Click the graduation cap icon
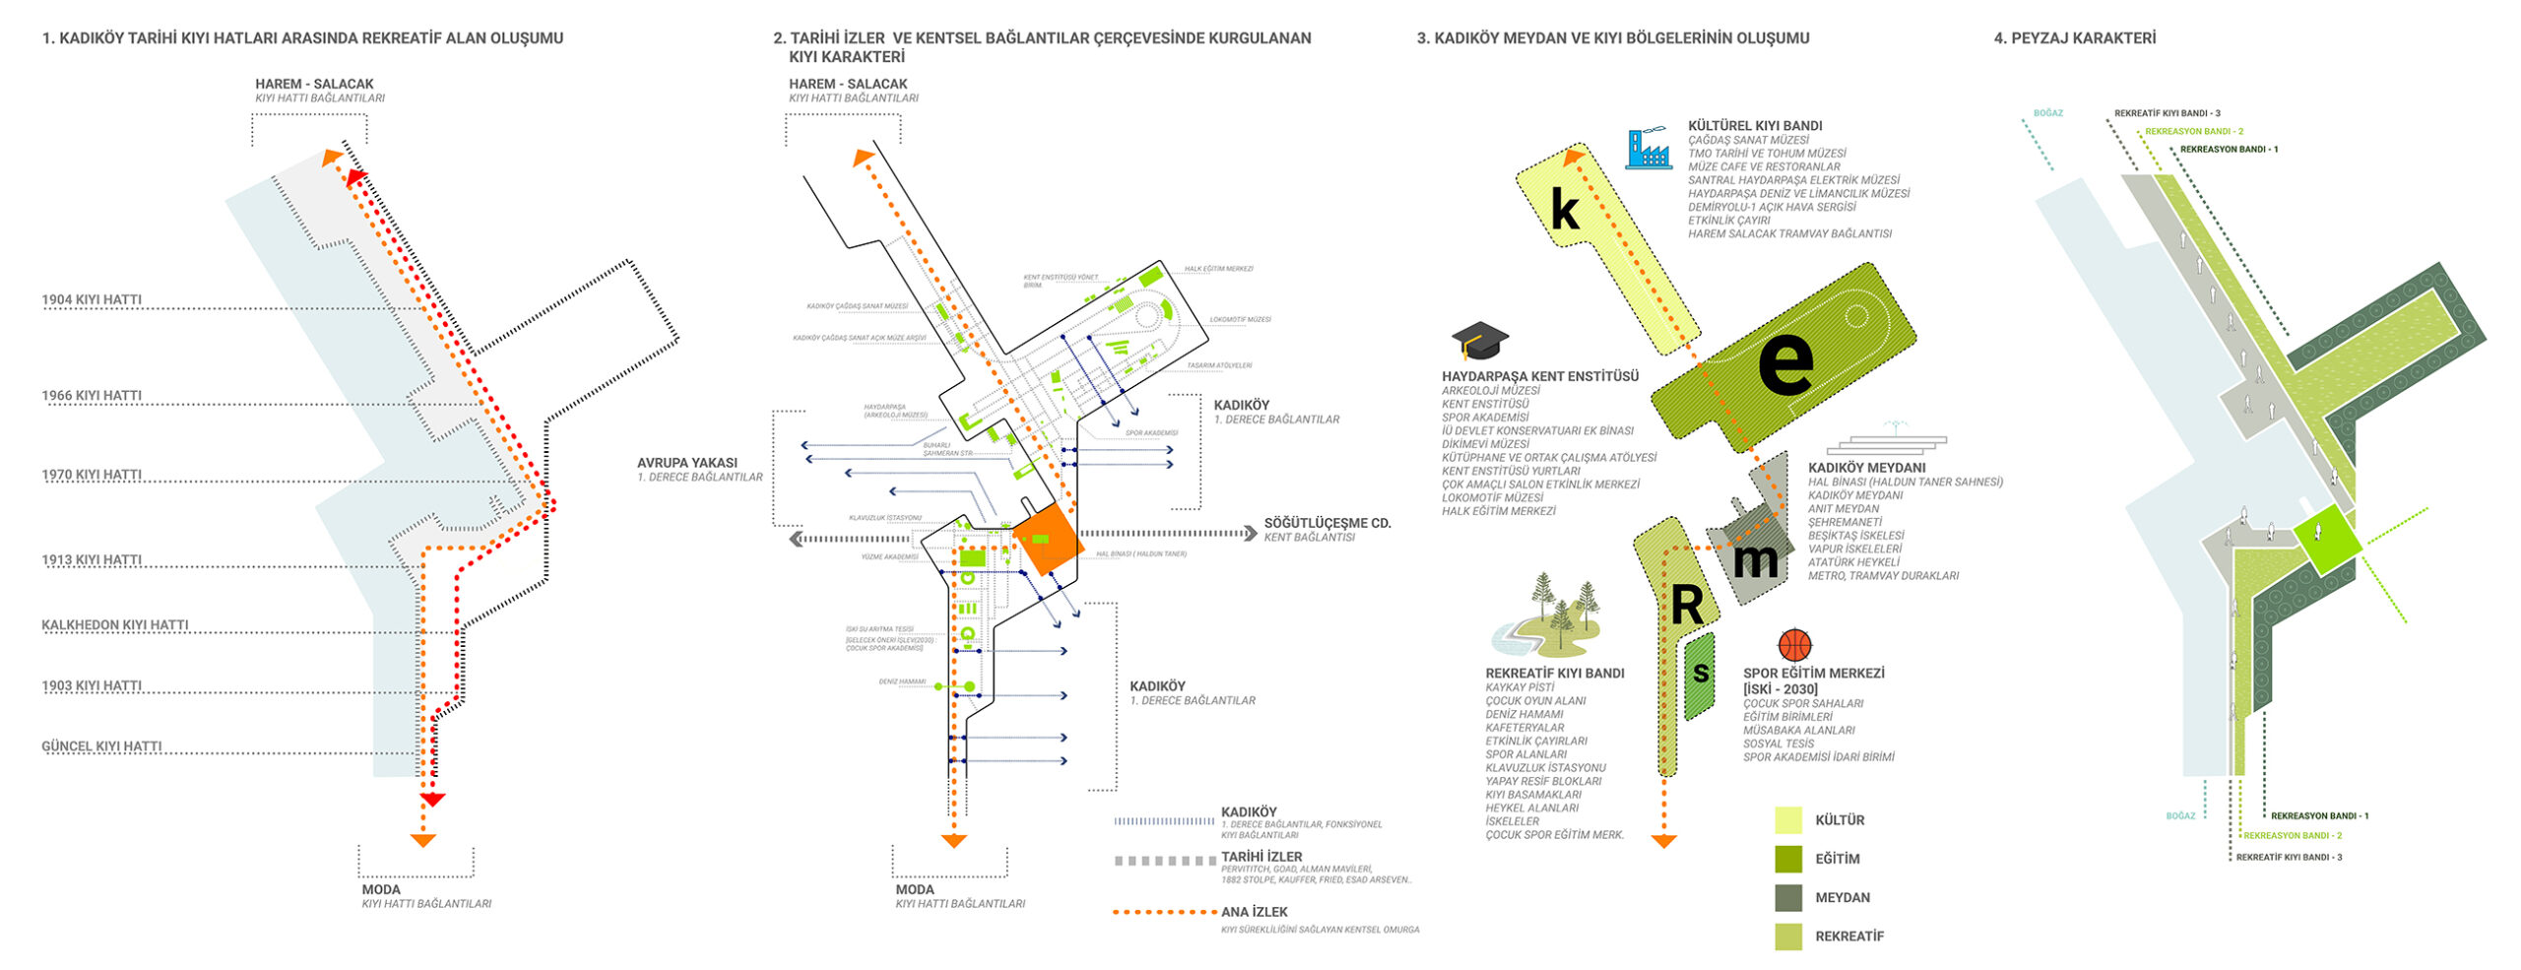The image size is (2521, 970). point(1479,340)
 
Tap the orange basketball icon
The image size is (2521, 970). point(1794,645)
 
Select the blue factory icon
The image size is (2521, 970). point(1648,148)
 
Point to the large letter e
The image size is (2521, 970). point(1785,361)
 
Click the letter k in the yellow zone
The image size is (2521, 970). point(1565,209)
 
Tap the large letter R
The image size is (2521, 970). point(1686,605)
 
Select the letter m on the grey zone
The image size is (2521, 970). point(1755,560)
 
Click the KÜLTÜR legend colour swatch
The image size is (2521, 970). point(1788,819)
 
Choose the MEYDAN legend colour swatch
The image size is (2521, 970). point(1788,897)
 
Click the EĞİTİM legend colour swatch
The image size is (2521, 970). point(1788,859)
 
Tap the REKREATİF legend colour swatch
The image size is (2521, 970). point(1788,937)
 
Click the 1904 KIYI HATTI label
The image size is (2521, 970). point(92,299)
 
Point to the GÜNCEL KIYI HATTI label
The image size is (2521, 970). point(101,746)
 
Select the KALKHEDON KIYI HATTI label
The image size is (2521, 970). point(114,625)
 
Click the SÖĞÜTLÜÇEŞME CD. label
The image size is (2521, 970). point(1326,523)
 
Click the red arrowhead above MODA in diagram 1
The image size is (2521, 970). point(432,800)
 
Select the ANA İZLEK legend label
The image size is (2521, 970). point(1254,912)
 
